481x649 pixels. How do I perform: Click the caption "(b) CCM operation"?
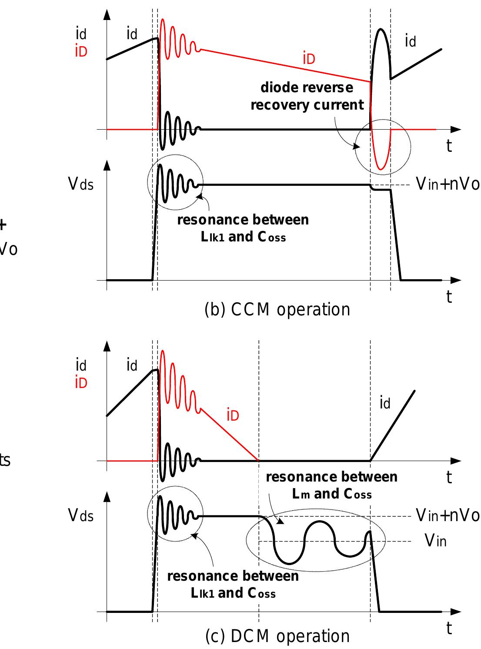coord(277,310)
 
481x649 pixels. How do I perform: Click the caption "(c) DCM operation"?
coord(277,636)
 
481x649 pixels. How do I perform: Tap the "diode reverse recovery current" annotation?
coord(307,96)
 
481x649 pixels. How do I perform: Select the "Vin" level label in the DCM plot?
coord(435,541)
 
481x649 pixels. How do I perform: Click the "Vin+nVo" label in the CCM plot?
coord(448,184)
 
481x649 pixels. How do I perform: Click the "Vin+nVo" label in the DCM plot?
coord(448,515)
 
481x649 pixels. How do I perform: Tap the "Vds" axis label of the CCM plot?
coord(81,184)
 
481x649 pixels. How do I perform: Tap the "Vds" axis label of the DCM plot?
coord(81,516)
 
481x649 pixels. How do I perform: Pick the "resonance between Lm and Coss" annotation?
coord(331,485)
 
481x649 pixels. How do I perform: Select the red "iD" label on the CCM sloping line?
coord(309,59)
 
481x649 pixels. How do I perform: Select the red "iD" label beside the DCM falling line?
coord(233,416)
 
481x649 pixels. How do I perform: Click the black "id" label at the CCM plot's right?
coord(411,41)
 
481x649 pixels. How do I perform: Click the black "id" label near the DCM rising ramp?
coord(385,404)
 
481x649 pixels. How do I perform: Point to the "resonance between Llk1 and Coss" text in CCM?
coord(243,228)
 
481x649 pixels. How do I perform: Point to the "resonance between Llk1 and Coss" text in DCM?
coord(233,584)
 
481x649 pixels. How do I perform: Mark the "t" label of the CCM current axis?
coord(449,147)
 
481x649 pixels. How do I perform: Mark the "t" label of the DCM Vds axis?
coord(449,629)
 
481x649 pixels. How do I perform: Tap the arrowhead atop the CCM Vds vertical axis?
coord(107,165)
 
